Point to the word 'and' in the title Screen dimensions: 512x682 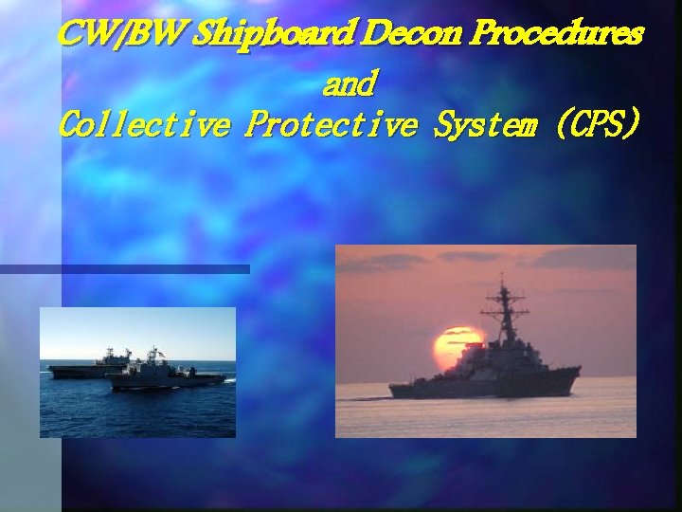click(350, 85)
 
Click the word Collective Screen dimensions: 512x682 click(142, 125)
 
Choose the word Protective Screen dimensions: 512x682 click(330, 125)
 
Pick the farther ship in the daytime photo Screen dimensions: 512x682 click(90, 368)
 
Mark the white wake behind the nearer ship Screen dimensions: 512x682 click(230, 380)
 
